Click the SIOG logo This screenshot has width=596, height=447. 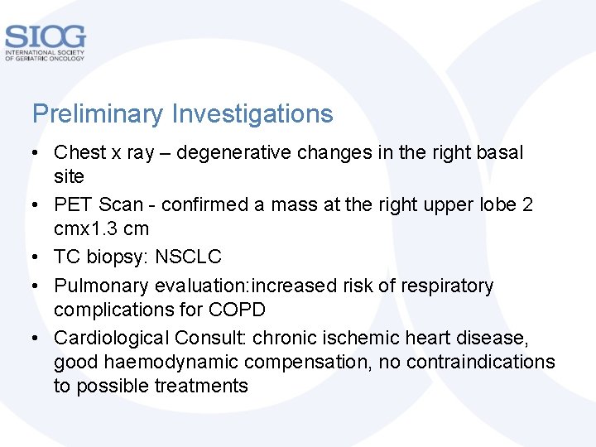(45, 41)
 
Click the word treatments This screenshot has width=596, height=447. (201, 386)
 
